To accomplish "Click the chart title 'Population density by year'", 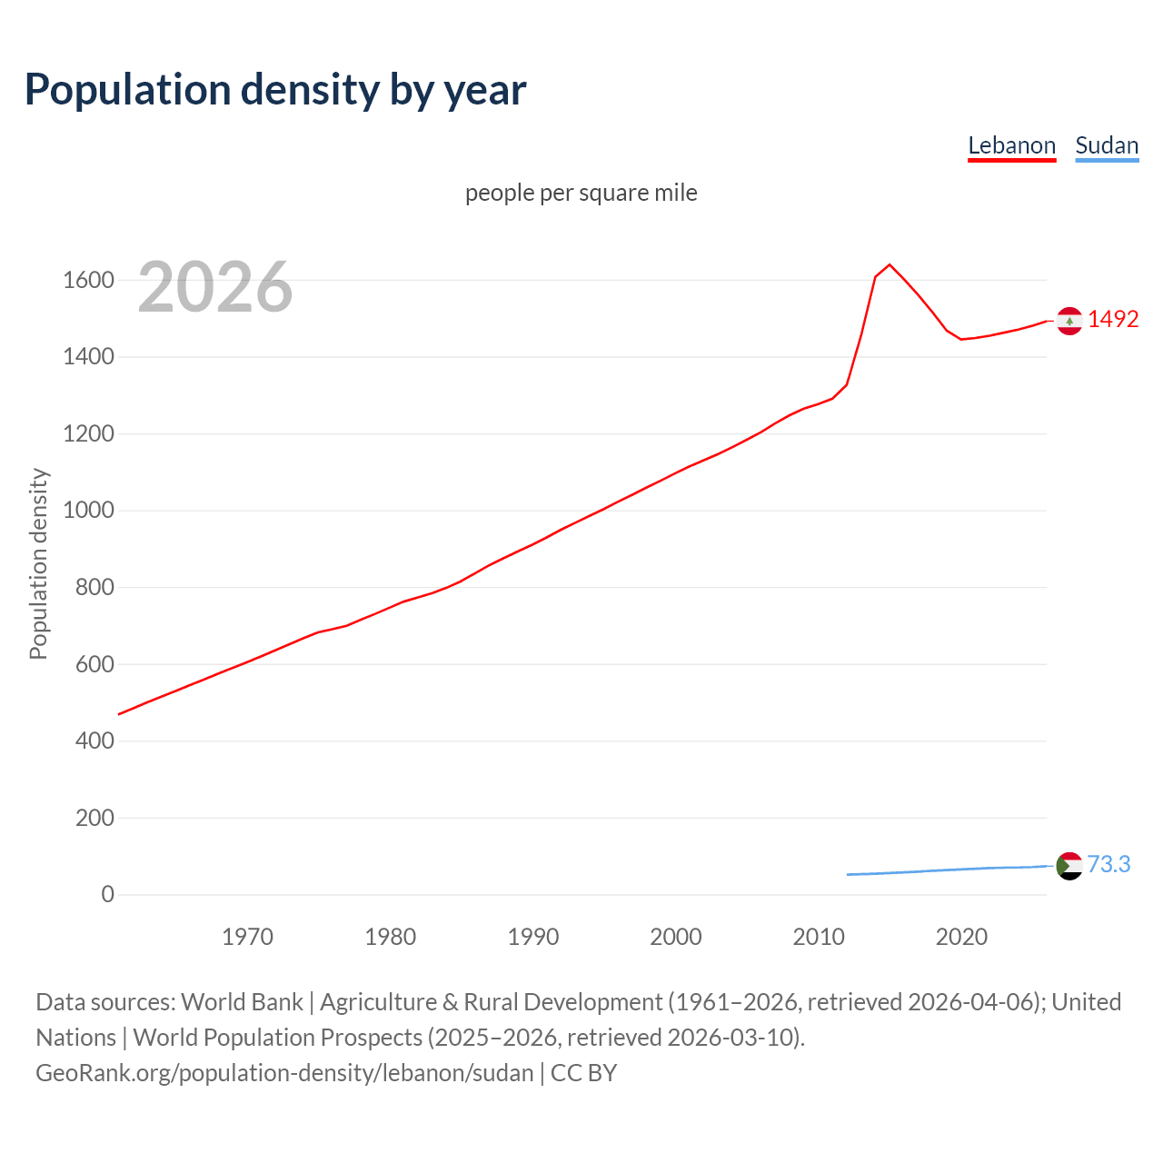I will [275, 89].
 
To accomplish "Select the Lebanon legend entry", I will [1011, 145].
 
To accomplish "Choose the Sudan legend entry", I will [1106, 145].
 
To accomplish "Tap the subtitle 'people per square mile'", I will [581, 193].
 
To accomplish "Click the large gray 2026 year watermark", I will [215, 287].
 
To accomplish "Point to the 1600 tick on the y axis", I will [88, 280].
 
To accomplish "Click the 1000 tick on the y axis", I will [88, 511].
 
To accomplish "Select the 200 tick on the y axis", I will [94, 818].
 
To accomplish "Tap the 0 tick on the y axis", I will [107, 894].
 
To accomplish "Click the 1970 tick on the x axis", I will [247, 937].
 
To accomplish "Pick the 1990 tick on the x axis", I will [533, 937].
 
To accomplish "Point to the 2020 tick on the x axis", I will [961, 937].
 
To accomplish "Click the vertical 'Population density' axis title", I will [38, 563].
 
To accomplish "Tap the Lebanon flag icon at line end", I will [1069, 321].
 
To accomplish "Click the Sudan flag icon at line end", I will [1069, 865].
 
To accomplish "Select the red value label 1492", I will [1113, 319].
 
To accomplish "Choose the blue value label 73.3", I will [1108, 864].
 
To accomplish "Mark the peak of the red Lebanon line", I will [890, 264].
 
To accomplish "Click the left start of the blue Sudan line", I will [849, 874].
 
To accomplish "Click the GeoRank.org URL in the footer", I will [284, 1072].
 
